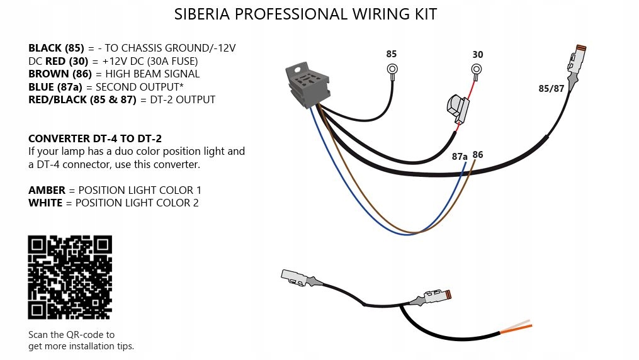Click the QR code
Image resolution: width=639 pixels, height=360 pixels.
70,277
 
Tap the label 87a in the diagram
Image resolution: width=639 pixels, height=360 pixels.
460,157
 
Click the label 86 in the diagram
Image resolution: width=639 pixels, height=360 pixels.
478,155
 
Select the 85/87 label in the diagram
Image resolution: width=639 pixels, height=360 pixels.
551,89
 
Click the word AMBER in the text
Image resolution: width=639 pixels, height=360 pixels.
45,190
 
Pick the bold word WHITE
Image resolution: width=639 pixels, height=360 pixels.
45,203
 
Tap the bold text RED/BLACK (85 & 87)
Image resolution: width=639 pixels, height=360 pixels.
82,99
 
